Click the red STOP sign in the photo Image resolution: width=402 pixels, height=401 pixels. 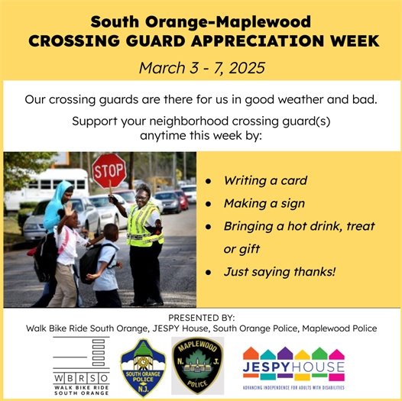[109, 169]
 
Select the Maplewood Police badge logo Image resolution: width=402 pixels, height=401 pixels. [197, 366]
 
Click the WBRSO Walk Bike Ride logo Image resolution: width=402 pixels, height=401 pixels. [81, 364]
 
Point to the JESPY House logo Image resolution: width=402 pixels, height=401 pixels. [293, 366]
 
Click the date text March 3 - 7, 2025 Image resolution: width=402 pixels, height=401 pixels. [202, 67]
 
